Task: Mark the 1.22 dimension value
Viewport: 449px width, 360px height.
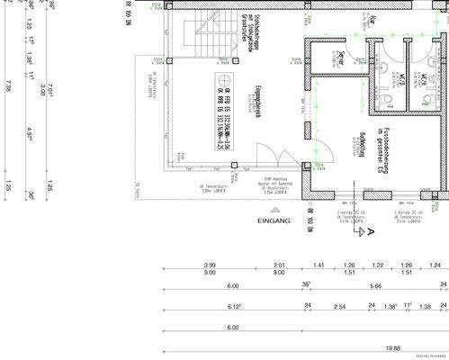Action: coord(378,265)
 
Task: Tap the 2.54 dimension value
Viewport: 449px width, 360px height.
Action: coord(339,307)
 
